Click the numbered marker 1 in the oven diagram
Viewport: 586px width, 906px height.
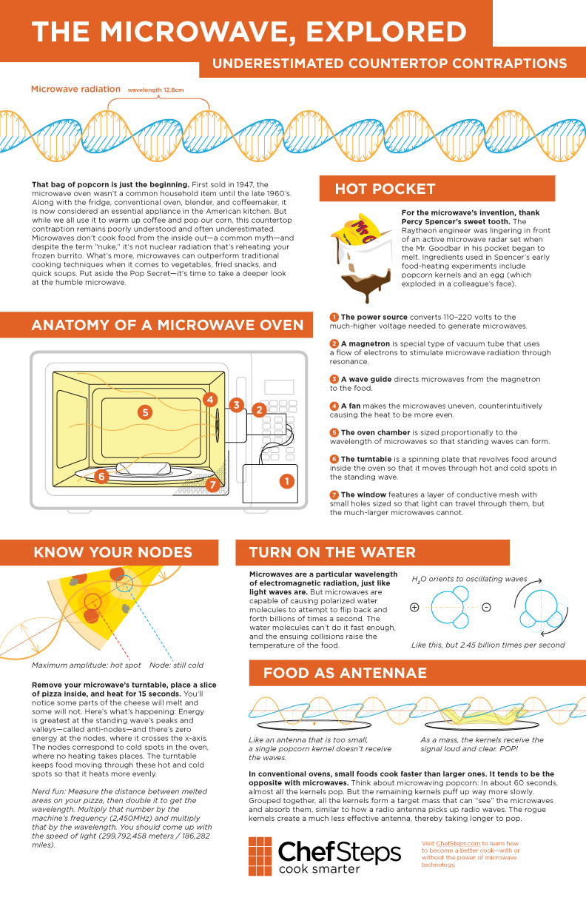coord(287,481)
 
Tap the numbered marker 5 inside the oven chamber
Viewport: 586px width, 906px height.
coord(145,412)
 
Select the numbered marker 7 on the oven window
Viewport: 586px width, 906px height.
coord(213,484)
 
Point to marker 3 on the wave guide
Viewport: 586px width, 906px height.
coord(237,405)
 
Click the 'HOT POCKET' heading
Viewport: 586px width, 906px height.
coord(385,189)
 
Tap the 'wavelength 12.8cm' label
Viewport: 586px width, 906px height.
coord(155,90)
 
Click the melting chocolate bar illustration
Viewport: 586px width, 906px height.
coord(362,258)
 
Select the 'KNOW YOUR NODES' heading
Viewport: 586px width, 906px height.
coord(112,552)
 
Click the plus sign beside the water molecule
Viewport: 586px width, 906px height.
coord(414,607)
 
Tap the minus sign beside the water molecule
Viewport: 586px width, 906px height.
coord(487,607)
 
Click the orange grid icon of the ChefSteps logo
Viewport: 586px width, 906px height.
coord(260,856)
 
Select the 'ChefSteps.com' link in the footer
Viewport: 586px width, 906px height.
coord(458,843)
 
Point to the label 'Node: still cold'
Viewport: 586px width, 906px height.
coord(176,665)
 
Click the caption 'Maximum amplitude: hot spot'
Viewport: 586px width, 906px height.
coord(87,665)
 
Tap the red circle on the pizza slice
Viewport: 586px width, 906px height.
coord(92,602)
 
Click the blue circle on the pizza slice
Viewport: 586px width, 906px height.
coord(124,583)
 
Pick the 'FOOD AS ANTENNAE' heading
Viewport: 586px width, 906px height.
coord(345,673)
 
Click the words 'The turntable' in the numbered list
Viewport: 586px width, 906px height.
coord(366,459)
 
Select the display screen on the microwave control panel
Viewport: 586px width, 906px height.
coord(279,387)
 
